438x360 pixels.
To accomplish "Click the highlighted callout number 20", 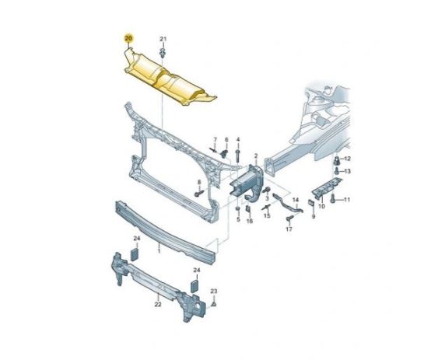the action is [x=129, y=38].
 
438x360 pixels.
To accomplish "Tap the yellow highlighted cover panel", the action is [x=167, y=79].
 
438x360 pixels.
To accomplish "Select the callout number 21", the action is [x=163, y=39].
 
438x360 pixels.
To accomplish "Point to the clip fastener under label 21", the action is [x=163, y=52].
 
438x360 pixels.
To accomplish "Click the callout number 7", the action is [x=215, y=139].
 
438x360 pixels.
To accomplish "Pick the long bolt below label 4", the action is [x=238, y=156].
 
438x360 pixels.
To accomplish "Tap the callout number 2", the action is [x=256, y=156].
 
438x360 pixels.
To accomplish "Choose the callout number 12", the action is [x=347, y=159].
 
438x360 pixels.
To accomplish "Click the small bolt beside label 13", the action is [x=337, y=170].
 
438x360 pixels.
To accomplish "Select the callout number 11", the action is [x=347, y=200].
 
